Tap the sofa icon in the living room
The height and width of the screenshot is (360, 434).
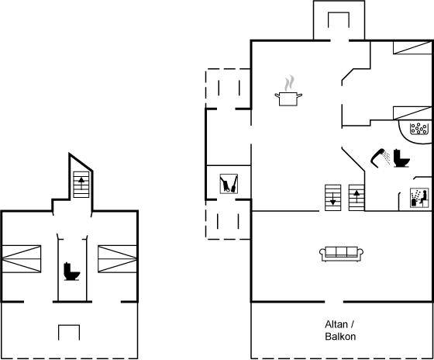click(341, 254)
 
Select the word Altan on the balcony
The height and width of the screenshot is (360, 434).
click(336, 324)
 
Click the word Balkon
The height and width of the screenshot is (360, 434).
click(340, 337)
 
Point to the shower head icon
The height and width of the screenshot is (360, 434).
click(381, 158)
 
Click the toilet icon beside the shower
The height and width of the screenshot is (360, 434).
click(401, 158)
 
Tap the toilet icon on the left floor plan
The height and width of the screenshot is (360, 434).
click(71, 272)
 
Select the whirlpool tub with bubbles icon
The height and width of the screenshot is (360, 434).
click(418, 129)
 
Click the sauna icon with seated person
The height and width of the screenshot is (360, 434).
click(419, 198)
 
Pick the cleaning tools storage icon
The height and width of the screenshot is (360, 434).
click(229, 183)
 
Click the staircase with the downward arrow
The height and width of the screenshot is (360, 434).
click(332, 198)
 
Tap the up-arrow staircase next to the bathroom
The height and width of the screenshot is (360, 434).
click(356, 198)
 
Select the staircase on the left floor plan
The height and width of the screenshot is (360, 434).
click(81, 185)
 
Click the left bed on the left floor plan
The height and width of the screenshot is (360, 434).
click(22, 259)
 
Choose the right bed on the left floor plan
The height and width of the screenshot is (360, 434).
click(117, 259)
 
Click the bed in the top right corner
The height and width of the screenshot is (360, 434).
click(412, 47)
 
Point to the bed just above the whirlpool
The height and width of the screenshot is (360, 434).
click(412, 112)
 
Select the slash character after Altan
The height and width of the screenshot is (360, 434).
click(353, 324)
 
